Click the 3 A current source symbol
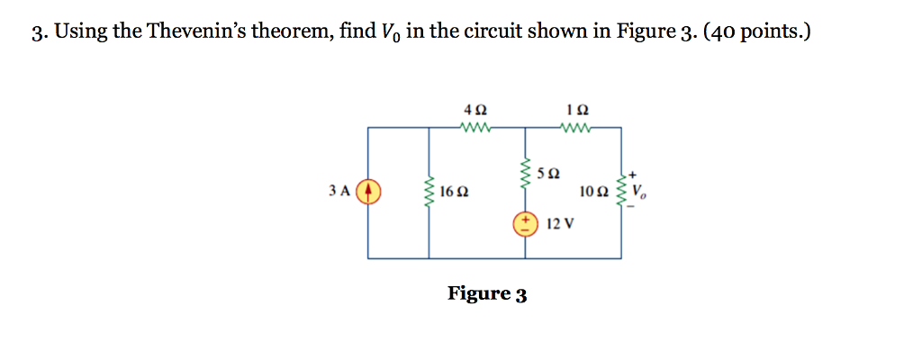point(369,192)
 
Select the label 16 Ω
point(455,192)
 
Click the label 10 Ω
point(594,192)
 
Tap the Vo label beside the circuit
point(639,192)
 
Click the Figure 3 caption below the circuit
point(487,294)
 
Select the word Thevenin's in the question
point(194,34)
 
